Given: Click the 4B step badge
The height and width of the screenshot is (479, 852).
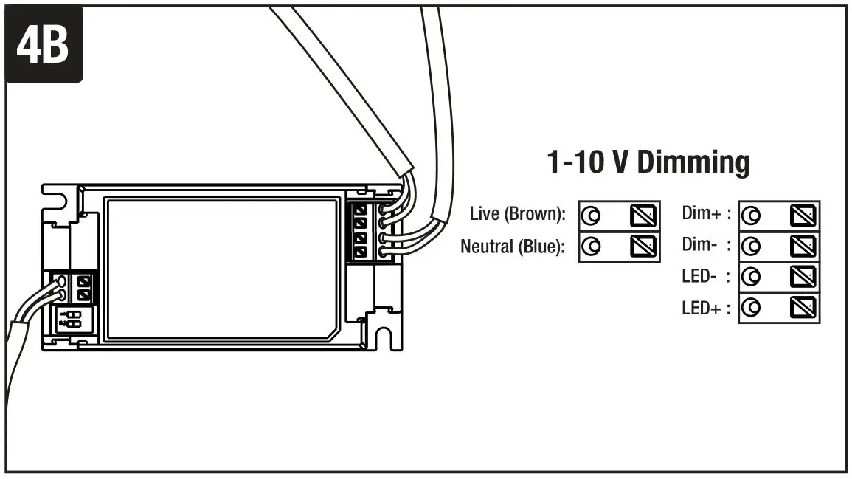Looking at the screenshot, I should coord(44,44).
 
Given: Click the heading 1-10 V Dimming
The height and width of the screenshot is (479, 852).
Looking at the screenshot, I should coord(648,162).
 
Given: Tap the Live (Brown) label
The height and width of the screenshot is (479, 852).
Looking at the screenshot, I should coord(517,215).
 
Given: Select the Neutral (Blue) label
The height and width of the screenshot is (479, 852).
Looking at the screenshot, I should coord(513,246).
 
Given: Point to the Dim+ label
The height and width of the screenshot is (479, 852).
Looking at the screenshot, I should coord(705,215).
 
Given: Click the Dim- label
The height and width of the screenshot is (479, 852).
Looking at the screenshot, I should coord(705,245).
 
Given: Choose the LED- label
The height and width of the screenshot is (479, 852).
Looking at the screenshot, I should coord(705,276).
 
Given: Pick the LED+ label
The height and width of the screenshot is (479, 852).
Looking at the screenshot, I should coord(705,307).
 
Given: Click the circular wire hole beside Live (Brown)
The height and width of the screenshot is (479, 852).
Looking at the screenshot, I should coord(591,216).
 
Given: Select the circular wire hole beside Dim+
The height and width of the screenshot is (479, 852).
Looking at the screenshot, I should coord(751,216).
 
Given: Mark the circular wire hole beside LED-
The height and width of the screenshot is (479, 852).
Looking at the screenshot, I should coord(751,277).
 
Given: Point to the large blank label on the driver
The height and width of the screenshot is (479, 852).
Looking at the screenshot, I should coord(221,269).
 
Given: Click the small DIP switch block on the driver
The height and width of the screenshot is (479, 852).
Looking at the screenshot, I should coord(72,319).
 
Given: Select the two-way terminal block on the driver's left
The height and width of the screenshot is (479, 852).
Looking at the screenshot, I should coord(83,287).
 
